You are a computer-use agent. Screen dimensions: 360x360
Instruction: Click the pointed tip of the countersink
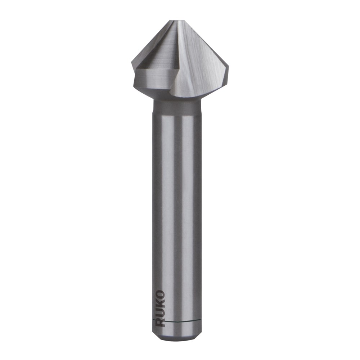pos(177,21)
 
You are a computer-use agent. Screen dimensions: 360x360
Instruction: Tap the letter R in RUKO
pos(160,321)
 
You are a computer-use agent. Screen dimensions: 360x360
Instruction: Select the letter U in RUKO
pos(160,312)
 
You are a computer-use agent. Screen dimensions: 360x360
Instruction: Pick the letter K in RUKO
pos(160,303)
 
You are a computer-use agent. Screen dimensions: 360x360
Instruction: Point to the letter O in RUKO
pos(160,295)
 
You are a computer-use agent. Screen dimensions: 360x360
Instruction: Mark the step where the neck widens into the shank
pos(177,114)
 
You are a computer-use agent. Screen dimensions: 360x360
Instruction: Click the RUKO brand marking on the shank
pos(160,308)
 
